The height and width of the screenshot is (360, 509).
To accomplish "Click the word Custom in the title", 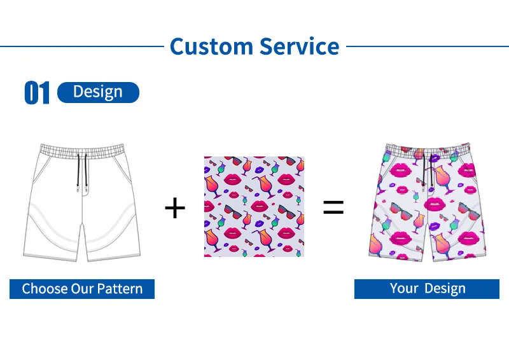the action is (x=211, y=46).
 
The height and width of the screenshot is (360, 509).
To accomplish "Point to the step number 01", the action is (x=36, y=93).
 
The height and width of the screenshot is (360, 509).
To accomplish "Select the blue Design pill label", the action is (x=98, y=92).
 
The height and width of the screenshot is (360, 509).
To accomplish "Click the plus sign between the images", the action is (x=174, y=208).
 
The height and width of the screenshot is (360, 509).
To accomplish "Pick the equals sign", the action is (x=333, y=207).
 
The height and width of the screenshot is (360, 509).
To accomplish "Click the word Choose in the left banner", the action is (x=45, y=289).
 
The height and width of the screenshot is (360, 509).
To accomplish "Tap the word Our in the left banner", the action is (x=83, y=289).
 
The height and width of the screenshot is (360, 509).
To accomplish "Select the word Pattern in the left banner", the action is (x=120, y=289).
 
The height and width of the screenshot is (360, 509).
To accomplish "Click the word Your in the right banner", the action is (x=404, y=289).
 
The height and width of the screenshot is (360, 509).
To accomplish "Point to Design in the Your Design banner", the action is (x=444, y=289).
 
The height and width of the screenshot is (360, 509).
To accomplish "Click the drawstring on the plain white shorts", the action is (x=81, y=172).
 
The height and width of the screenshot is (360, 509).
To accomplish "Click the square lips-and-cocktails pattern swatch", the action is (x=254, y=207).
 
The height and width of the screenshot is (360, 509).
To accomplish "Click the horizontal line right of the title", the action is (x=426, y=46).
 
